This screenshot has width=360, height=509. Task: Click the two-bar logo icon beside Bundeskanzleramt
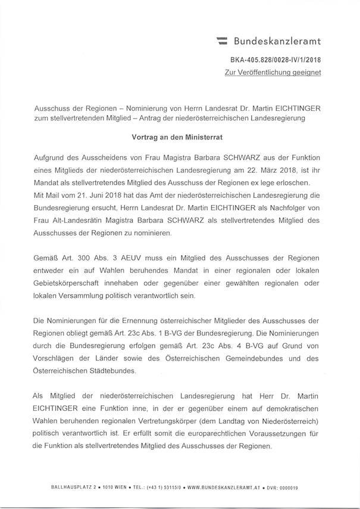point(222,41)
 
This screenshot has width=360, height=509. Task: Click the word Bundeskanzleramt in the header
point(277,41)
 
